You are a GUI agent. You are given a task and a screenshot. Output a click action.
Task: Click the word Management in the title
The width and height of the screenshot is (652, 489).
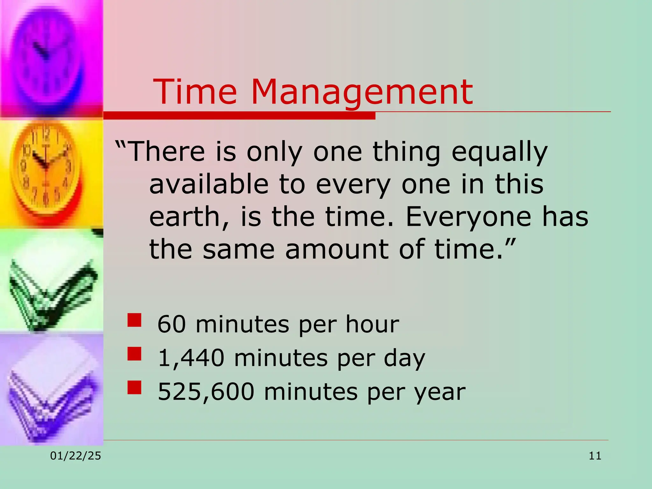362,92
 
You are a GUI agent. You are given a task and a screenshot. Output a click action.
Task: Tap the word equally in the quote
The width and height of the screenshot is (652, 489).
500,152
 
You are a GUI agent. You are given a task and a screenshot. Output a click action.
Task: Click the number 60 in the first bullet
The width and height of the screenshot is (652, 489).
172,324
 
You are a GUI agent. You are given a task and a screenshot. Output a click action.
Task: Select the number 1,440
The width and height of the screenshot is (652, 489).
191,358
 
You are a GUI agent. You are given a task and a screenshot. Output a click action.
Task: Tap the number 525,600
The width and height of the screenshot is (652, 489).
206,392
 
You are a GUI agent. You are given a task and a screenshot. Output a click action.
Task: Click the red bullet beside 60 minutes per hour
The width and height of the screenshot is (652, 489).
134,320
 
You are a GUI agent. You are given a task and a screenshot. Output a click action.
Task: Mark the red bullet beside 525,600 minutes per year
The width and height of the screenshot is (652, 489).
134,387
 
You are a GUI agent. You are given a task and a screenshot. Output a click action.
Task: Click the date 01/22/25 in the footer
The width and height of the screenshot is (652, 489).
75,456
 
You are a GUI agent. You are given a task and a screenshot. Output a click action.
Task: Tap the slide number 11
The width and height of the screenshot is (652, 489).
595,456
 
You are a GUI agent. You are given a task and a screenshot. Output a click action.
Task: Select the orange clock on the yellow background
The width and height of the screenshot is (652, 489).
48,169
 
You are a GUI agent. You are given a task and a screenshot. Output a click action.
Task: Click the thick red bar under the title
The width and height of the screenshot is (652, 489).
239,116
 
